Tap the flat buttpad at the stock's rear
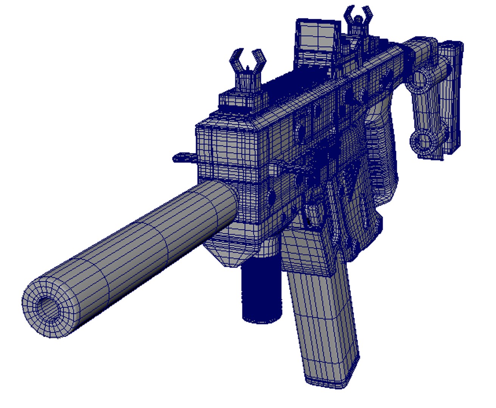pyautogui.click(x=452, y=98)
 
